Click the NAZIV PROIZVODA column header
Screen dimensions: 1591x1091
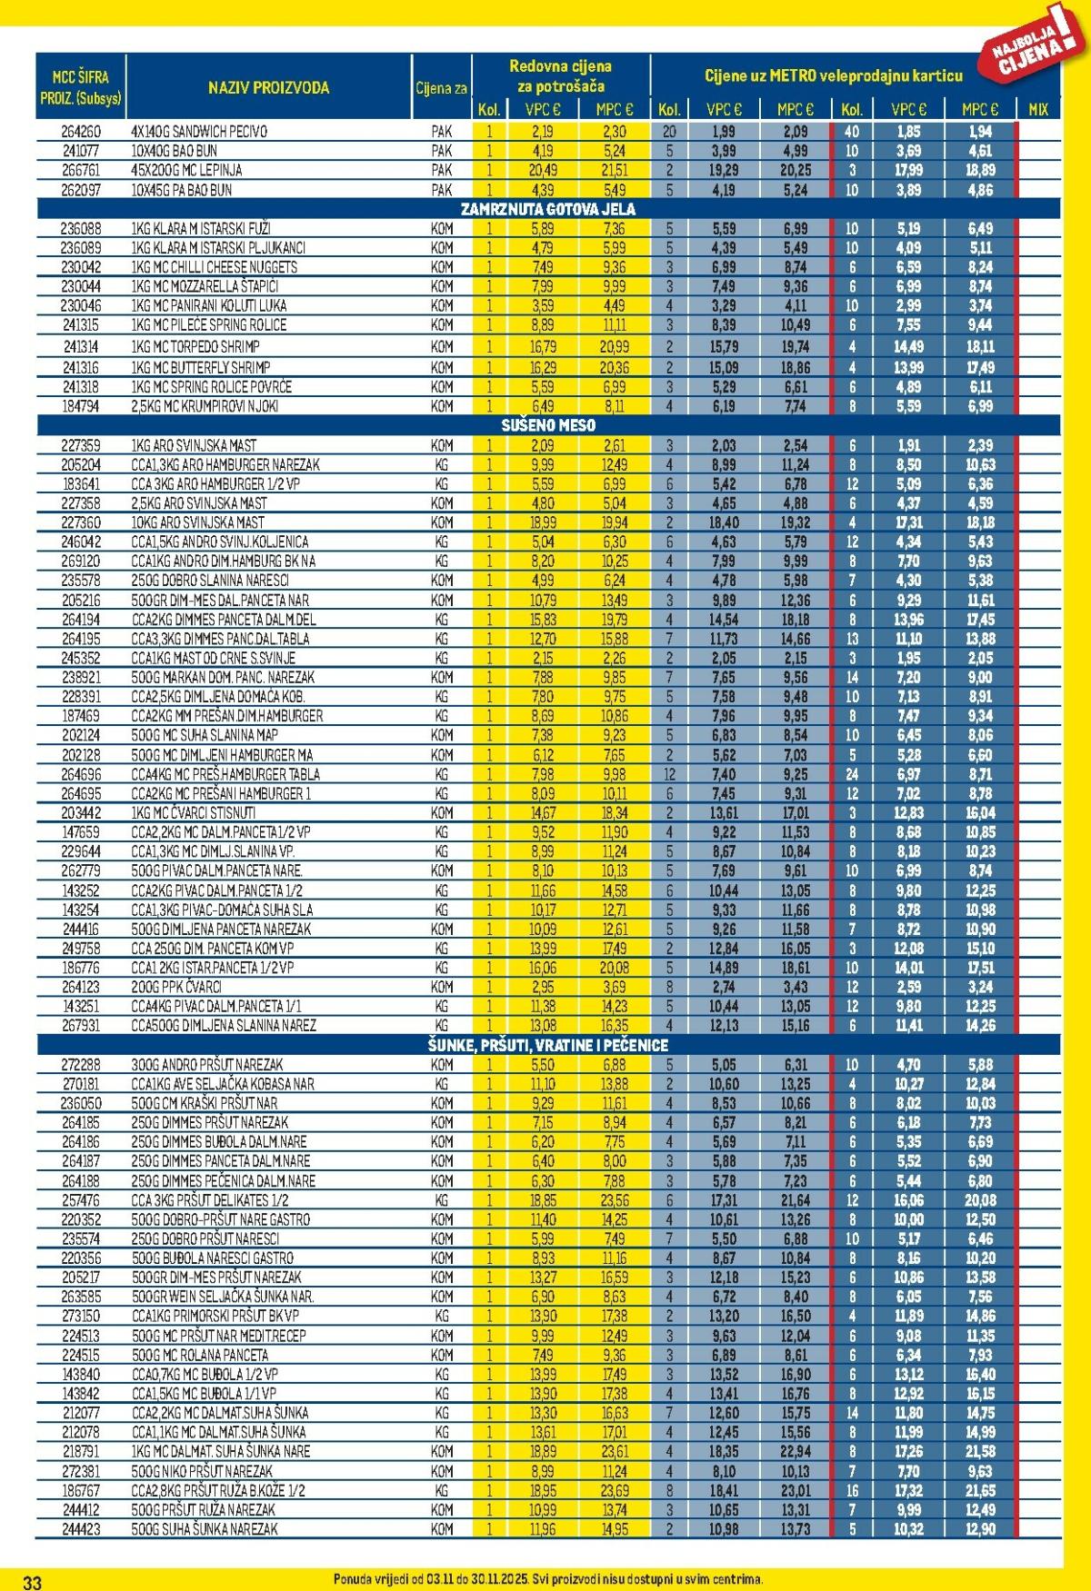tap(268, 88)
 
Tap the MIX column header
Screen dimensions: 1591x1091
tap(1037, 109)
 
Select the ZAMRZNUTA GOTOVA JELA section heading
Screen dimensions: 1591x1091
tap(548, 209)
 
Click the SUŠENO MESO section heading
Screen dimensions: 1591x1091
tap(548, 425)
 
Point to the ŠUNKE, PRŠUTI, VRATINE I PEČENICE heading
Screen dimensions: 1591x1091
tap(548, 1045)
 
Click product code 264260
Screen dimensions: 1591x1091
tap(81, 132)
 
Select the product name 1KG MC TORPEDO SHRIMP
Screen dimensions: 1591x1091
tap(195, 346)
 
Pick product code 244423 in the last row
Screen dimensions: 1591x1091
tap(81, 1528)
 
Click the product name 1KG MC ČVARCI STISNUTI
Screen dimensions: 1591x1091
tap(194, 812)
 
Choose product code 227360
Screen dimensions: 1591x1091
tap(81, 522)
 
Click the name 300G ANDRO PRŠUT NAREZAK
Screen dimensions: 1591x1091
tap(207, 1064)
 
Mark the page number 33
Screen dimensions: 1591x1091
tap(32, 1582)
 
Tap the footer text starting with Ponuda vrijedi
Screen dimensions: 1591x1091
tap(548, 1579)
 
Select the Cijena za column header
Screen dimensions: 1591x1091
tap(442, 88)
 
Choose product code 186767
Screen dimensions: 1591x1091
tap(81, 1490)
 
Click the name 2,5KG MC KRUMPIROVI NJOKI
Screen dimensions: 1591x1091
tap(205, 406)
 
